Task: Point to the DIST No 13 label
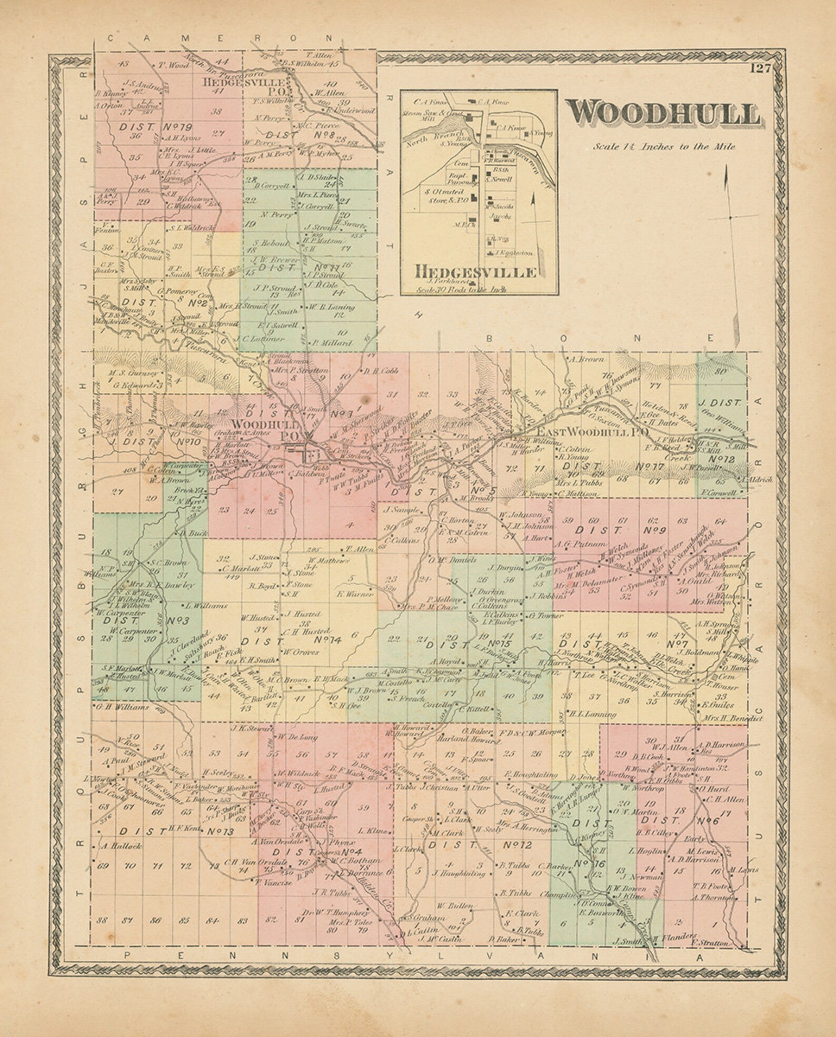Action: coord(176,832)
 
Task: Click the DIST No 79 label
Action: coord(155,127)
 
